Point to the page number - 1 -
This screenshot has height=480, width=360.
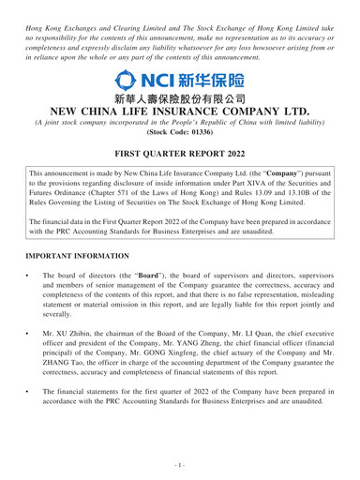tap(180, 465)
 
